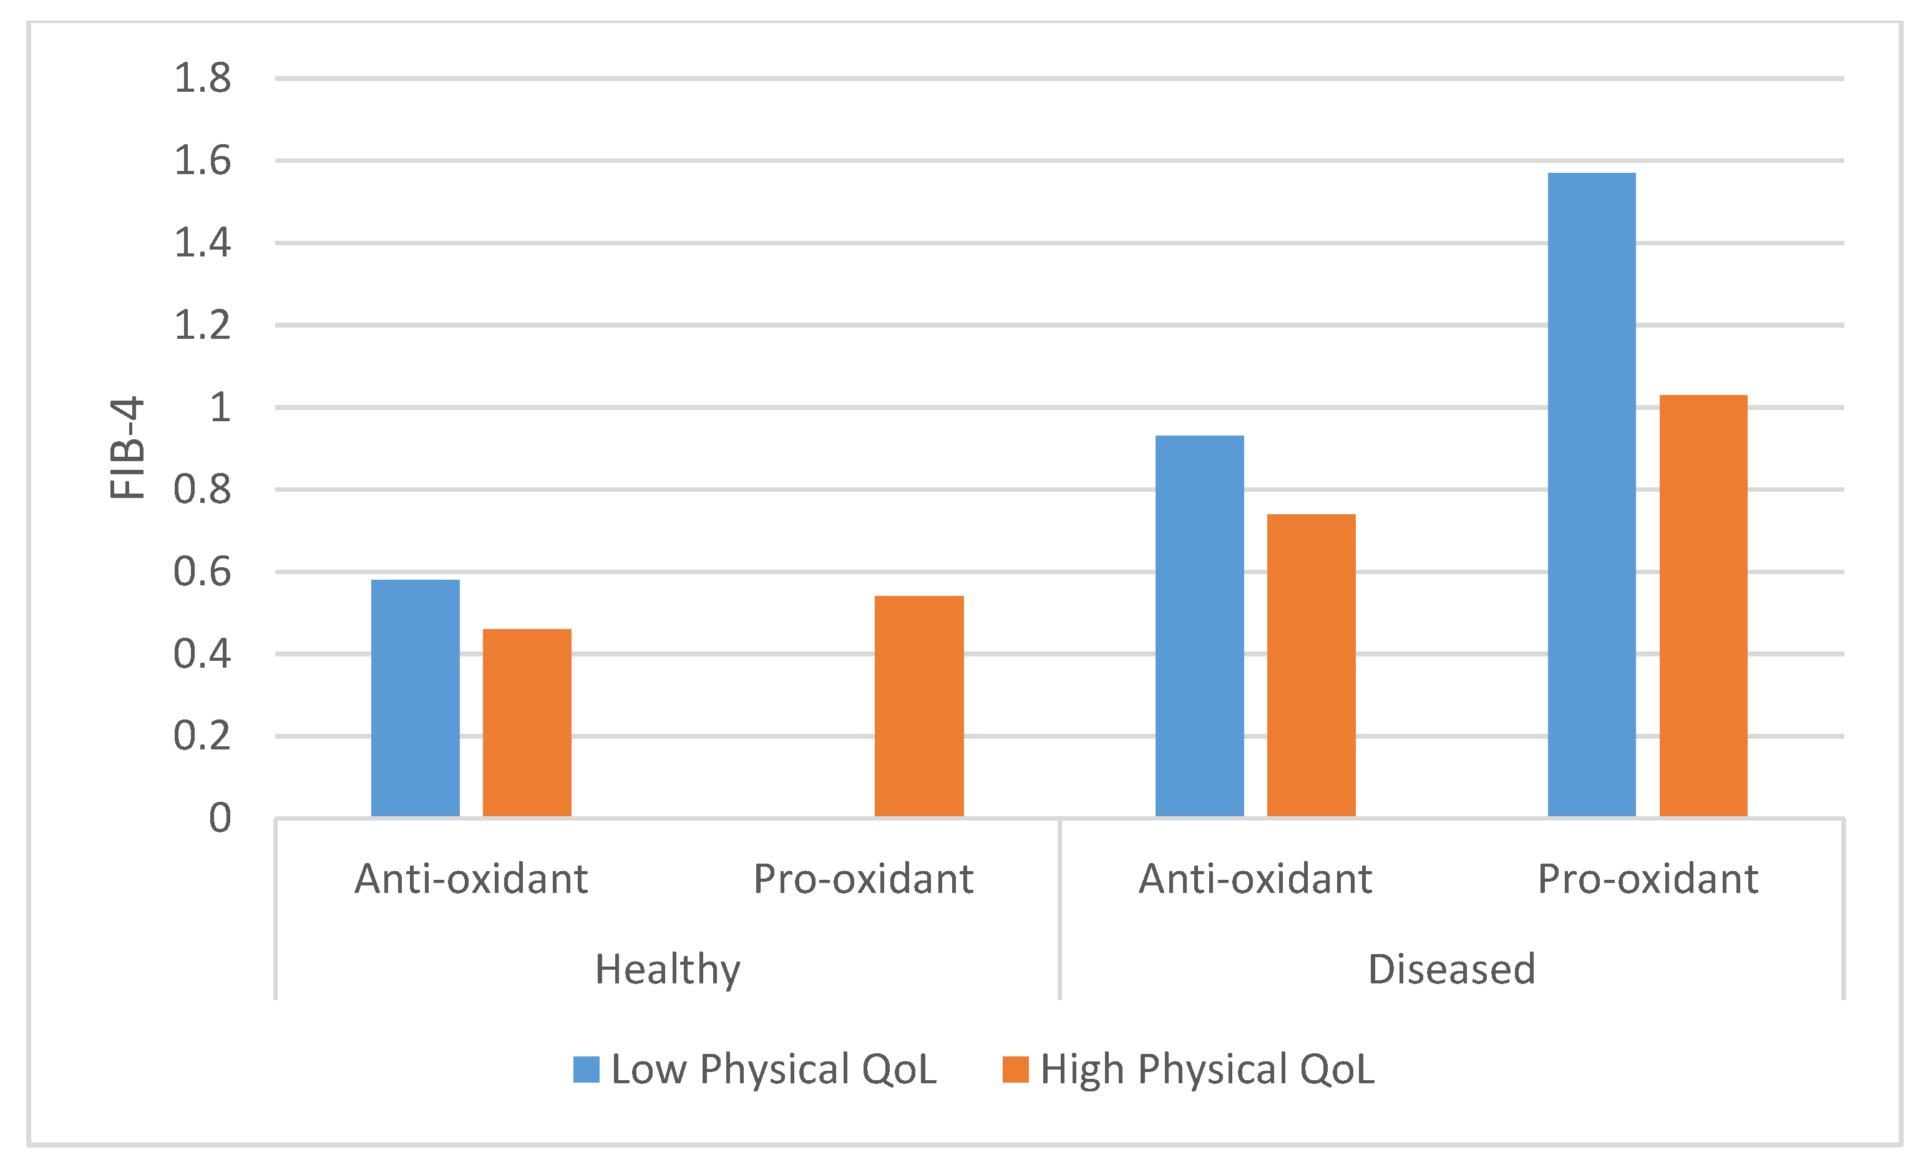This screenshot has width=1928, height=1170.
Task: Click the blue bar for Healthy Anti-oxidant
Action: click(415, 698)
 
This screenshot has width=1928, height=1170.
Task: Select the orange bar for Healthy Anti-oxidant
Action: click(527, 723)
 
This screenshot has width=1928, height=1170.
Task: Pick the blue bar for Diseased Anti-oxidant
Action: click(1199, 626)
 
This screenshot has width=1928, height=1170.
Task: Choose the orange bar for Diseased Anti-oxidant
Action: click(1311, 665)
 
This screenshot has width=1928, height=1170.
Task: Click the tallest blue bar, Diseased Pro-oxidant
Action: click(1592, 495)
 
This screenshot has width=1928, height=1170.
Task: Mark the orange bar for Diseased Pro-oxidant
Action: click(1703, 606)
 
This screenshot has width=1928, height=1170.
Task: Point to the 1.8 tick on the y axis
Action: click(202, 78)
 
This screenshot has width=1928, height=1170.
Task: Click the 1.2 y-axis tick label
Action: click(202, 324)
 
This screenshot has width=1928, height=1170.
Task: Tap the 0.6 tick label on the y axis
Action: click(202, 572)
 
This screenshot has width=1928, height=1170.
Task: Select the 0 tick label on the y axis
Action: click(220, 818)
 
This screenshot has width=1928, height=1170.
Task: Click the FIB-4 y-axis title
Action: click(127, 447)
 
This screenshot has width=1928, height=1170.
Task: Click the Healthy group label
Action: click(668, 969)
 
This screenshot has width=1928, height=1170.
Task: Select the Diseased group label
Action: click(1451, 969)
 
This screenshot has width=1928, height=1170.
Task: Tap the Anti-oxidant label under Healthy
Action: click(471, 878)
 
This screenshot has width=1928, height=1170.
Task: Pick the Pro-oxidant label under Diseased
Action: click(1648, 878)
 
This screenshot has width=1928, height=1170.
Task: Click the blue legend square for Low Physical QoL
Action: click(586, 1069)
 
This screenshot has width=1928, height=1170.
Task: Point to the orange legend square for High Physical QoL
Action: click(1015, 1069)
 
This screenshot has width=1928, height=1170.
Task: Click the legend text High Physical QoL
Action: click(1207, 1069)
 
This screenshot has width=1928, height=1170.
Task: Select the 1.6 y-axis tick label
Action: click(202, 160)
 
